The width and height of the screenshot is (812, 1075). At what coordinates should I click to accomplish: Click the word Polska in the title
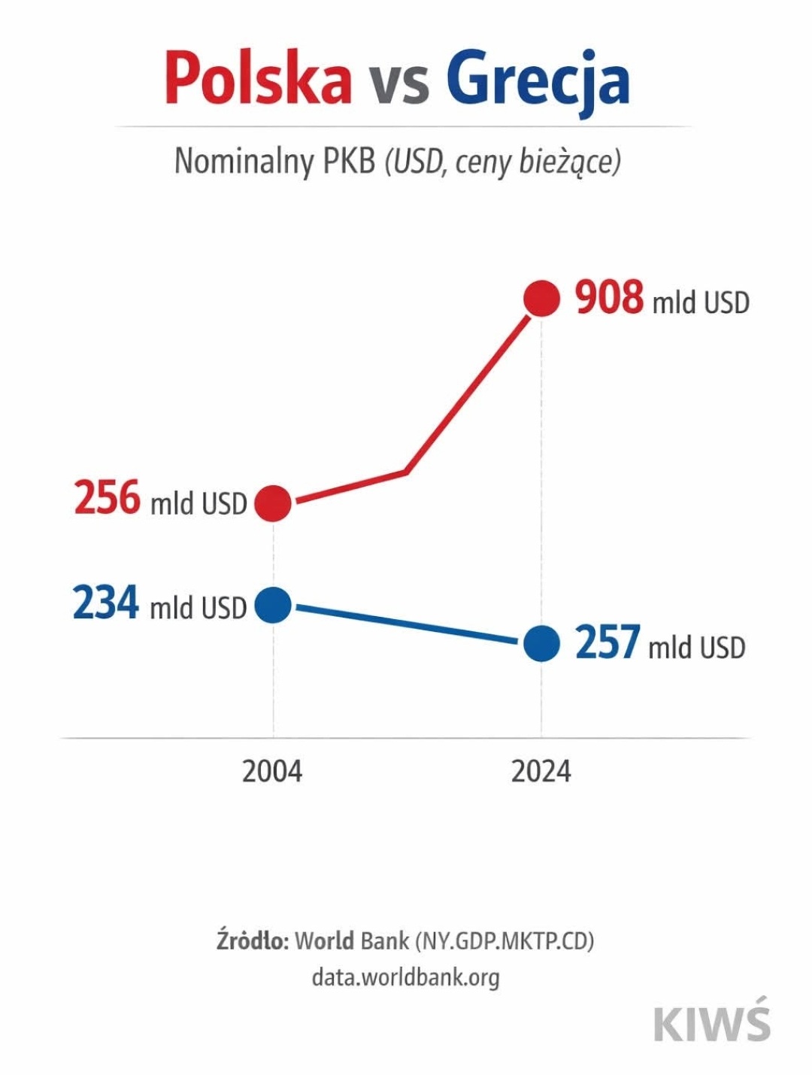[258, 77]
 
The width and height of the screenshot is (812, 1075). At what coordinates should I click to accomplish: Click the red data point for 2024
[541, 299]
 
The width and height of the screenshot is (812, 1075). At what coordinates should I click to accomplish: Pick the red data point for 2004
[273, 503]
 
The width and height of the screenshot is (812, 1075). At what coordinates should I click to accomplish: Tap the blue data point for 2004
[273, 605]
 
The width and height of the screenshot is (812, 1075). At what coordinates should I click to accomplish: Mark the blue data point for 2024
[541, 644]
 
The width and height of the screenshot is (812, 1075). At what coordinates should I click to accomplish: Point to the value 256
[108, 499]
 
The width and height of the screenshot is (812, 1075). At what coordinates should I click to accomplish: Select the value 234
[106, 603]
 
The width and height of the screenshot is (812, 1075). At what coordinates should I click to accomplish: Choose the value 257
[607, 643]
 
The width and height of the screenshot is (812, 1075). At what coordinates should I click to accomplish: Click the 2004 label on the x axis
[272, 772]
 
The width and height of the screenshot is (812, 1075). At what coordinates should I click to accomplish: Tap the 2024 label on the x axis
[541, 772]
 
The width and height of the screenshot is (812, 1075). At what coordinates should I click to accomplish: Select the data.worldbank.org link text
[405, 977]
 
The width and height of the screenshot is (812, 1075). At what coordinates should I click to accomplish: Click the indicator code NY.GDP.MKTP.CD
[504, 941]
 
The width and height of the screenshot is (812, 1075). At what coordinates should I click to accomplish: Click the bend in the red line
[406, 472]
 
